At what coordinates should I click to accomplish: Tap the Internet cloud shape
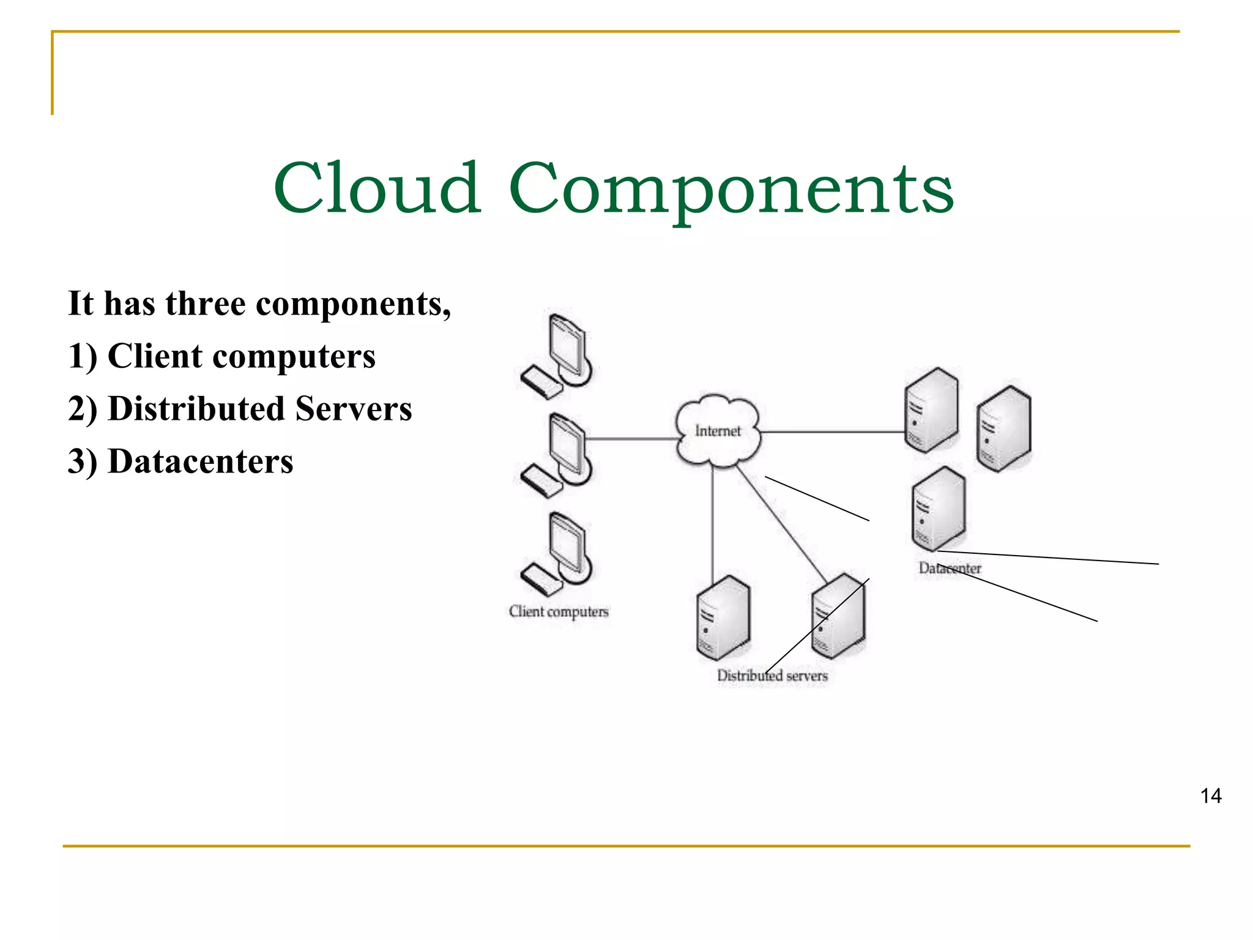tap(718, 431)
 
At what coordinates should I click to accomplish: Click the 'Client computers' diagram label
tap(559, 611)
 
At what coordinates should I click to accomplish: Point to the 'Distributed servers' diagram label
tap(772, 676)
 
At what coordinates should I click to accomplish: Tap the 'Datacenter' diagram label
tap(950, 569)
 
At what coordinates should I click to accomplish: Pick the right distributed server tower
tap(838, 616)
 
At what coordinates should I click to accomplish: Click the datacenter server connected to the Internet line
tap(931, 410)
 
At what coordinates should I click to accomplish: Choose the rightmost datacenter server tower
tap(1003, 428)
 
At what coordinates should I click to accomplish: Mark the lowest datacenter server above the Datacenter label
tap(939, 509)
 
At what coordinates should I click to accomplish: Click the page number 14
tap(1211, 796)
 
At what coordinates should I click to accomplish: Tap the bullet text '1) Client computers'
tap(221, 356)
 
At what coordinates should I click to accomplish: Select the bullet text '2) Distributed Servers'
tap(240, 409)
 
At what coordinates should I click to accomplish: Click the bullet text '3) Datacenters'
tap(180, 461)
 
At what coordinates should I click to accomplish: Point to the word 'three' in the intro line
tap(206, 304)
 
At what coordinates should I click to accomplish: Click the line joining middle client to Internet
tap(630, 439)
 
